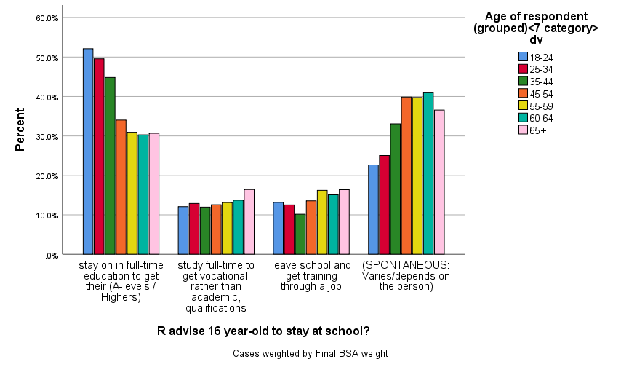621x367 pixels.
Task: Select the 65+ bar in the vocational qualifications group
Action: coord(249,222)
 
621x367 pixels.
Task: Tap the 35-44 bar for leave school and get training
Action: coord(300,234)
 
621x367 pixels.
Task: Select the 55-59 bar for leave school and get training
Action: coord(322,222)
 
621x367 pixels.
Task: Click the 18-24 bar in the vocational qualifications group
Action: coord(183,230)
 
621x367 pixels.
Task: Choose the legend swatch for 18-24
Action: coord(522,57)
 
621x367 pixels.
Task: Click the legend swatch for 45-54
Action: coord(522,93)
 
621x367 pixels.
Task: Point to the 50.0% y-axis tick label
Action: coord(47,58)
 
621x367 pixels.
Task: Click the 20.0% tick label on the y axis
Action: coord(47,176)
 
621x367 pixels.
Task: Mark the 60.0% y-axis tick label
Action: coord(47,18)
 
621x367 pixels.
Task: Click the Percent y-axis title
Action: coord(20,130)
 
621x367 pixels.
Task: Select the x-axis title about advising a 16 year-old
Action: coord(263,331)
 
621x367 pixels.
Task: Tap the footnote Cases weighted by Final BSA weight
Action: coord(310,353)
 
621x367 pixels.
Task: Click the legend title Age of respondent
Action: coord(536,28)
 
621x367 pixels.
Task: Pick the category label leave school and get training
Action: coord(310,276)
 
